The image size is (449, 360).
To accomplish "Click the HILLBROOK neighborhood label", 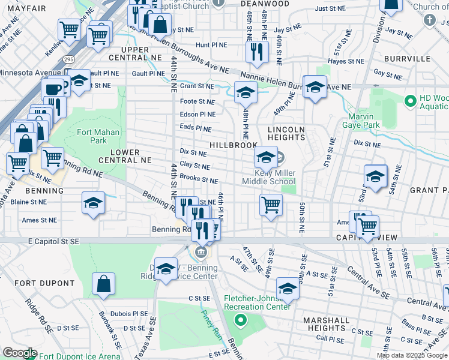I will (x=234, y=145).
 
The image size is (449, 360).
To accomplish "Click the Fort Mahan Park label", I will (x=98, y=136).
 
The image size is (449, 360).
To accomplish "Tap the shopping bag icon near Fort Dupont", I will (x=104, y=284).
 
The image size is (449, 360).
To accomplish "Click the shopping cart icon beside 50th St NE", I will (x=271, y=205).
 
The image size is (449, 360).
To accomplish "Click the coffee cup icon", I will (x=52, y=89).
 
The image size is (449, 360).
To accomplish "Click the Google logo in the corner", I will (x=19, y=353).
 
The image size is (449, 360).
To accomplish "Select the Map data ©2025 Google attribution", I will (x=412, y=355).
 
